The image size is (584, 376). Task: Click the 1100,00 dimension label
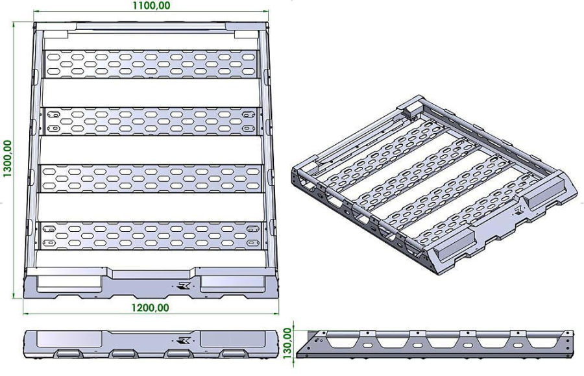tap(152, 6)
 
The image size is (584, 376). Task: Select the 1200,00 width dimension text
tap(150, 308)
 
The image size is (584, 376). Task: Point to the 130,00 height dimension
tap(287, 343)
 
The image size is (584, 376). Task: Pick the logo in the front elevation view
tap(184, 340)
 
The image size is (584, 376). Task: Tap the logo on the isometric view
tap(519, 211)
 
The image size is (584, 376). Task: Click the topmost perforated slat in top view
tap(151, 64)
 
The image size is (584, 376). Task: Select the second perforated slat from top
tap(151, 121)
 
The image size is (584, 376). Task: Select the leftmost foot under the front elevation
tap(67, 353)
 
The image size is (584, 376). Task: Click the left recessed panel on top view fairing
tap(69, 284)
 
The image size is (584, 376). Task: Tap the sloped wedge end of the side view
tap(312, 342)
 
